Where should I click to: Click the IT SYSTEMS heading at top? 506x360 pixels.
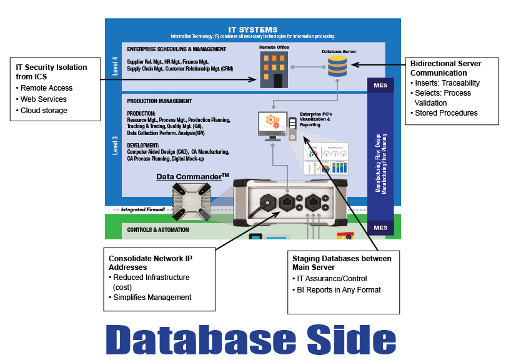(252, 29)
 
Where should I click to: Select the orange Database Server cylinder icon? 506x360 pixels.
(337, 66)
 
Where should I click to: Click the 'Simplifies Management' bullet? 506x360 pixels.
(153, 297)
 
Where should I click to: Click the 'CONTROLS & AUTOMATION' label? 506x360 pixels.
(157, 230)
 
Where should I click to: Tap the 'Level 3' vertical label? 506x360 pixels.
(114, 143)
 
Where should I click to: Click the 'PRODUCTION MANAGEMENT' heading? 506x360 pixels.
(159, 101)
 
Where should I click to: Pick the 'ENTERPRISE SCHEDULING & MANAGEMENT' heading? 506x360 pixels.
(176, 49)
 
